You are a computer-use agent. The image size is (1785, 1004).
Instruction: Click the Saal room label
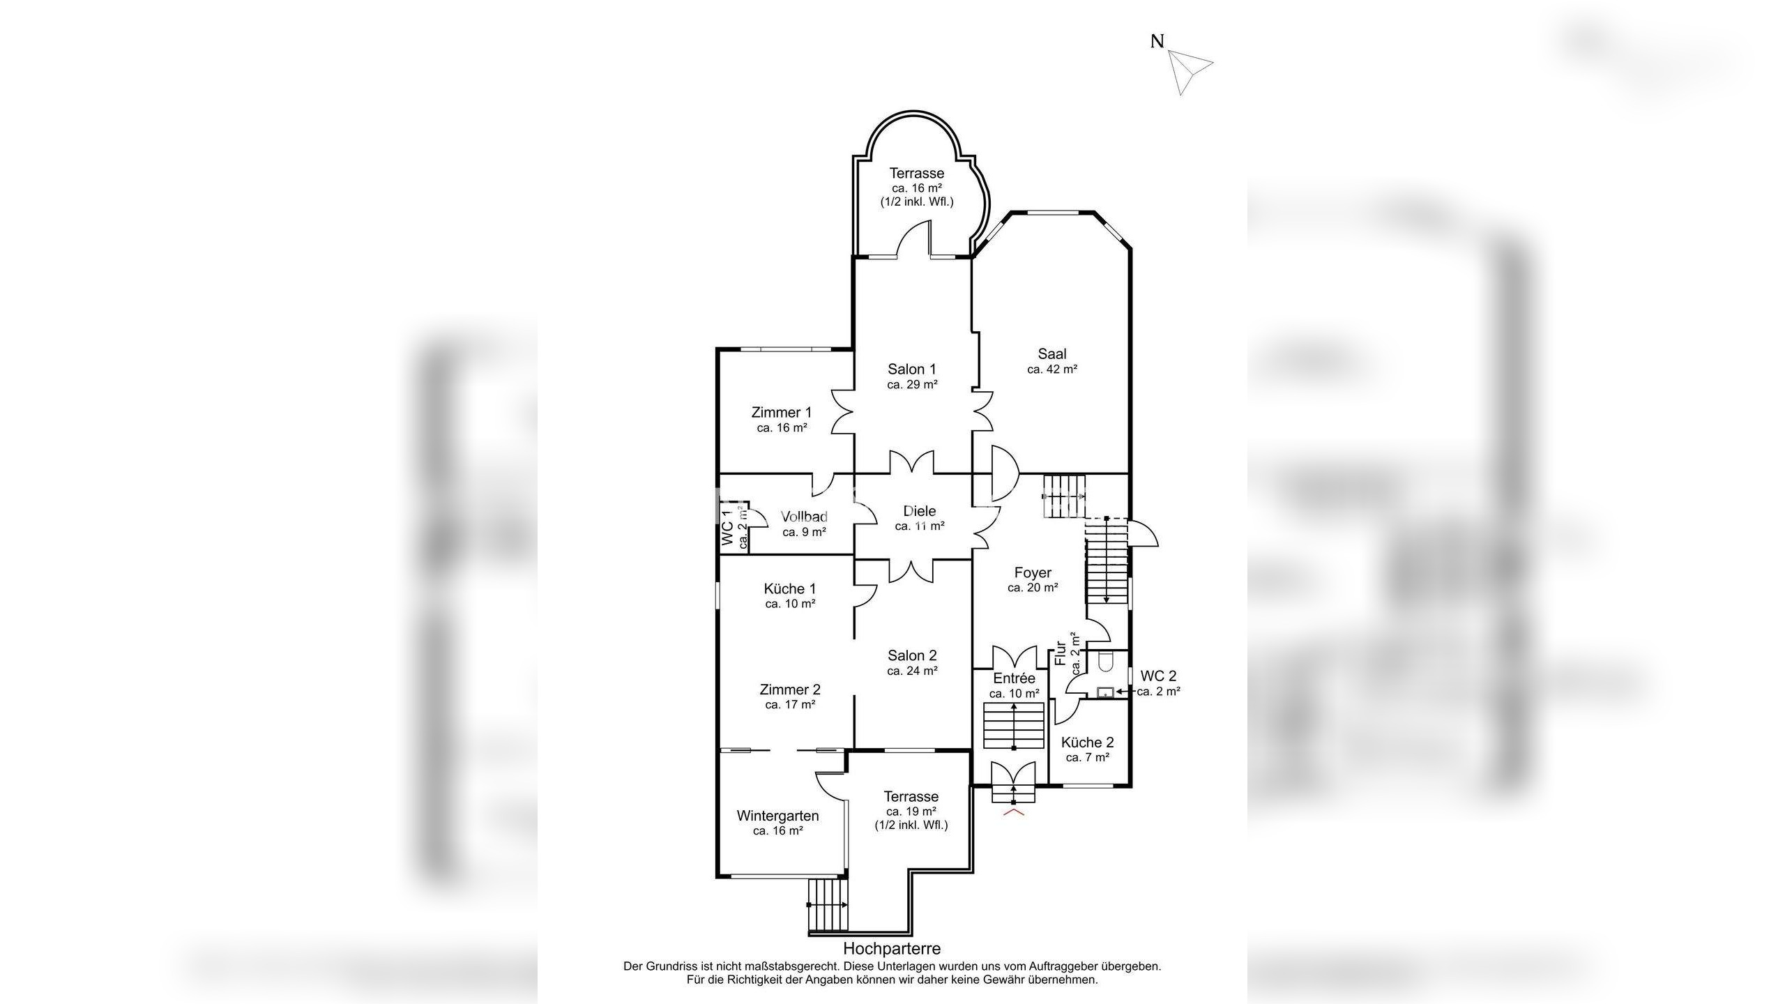1052,353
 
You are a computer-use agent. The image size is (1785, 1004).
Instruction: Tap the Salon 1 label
912,369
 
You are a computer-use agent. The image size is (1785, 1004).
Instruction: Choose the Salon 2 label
912,655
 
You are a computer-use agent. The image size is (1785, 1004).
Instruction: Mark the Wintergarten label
777,816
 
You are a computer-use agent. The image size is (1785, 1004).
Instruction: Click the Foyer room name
1033,572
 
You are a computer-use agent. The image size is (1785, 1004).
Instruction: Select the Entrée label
1015,678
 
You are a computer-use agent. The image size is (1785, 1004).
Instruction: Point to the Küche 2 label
1087,743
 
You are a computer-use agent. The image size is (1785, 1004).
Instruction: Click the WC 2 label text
1158,676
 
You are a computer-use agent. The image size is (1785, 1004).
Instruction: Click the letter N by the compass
1157,41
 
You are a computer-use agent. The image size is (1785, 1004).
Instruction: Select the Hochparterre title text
892,948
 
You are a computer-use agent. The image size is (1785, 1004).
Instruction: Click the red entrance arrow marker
1013,812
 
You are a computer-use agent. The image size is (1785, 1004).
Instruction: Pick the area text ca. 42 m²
1052,370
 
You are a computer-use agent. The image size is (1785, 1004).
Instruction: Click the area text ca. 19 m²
911,812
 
